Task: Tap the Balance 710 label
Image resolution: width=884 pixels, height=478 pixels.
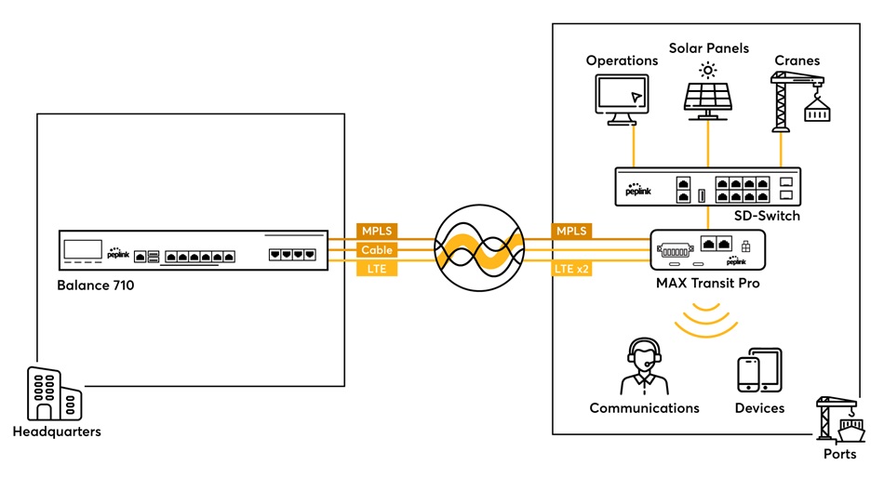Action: [96, 285]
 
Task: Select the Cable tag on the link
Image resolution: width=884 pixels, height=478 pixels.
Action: [378, 250]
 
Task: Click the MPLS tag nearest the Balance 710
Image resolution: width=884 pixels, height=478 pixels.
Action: [378, 231]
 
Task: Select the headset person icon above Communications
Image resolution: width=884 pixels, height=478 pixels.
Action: [643, 367]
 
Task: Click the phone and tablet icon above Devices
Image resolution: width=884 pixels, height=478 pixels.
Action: [759, 371]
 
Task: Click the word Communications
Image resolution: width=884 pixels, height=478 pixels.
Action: [644, 408]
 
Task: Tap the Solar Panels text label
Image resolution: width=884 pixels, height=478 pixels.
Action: [708, 47]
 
